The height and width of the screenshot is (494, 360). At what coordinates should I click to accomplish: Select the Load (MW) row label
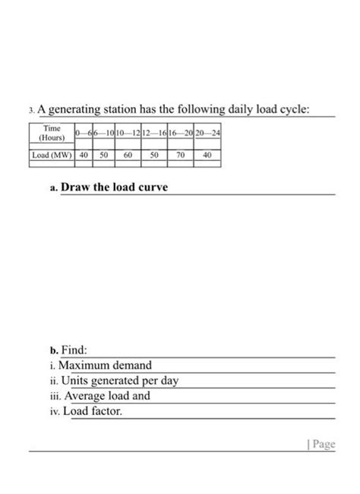click(52, 154)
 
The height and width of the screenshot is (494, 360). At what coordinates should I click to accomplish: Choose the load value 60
click(128, 154)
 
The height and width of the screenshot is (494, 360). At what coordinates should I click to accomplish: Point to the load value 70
click(180, 154)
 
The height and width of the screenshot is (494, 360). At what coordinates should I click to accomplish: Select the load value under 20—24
click(207, 154)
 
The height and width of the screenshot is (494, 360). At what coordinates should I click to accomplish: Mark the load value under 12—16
click(154, 154)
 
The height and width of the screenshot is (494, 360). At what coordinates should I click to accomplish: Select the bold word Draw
click(76, 187)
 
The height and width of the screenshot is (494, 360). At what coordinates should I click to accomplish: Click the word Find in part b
click(74, 351)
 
